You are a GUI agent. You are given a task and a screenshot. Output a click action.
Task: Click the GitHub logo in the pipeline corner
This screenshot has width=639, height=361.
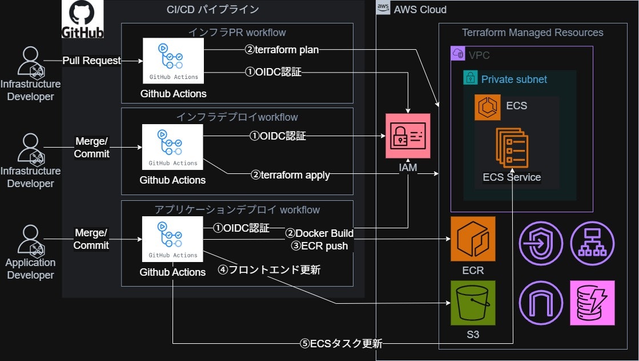83,19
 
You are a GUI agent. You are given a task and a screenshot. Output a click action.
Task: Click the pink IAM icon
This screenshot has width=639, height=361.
408,136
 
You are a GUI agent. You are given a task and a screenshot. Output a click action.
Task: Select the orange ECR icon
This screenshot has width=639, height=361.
473,239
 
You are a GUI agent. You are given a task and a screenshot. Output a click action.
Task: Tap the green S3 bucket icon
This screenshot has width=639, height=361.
473,303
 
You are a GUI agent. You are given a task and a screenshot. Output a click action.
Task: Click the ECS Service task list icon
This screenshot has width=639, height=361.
512,148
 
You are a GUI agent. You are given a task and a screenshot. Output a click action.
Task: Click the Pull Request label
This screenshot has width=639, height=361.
91,60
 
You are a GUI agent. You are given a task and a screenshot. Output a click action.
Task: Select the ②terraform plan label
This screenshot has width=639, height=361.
282,50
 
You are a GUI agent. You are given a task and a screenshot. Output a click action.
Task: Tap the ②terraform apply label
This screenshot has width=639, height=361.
290,175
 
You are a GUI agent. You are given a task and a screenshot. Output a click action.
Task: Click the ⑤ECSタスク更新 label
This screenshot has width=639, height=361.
341,344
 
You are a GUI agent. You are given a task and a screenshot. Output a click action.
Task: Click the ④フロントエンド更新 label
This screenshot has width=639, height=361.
269,269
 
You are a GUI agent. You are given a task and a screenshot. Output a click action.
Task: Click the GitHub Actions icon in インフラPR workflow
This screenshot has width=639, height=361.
173,61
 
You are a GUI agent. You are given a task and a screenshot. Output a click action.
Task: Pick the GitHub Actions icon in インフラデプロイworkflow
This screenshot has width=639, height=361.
173,147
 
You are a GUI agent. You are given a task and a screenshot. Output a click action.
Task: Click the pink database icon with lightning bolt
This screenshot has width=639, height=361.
592,303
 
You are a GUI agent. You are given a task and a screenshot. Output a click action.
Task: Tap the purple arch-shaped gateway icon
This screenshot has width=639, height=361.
540,303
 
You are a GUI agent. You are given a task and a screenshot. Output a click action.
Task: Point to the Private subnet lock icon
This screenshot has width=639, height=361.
470,78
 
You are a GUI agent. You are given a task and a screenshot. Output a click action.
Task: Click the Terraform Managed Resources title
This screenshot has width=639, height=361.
532,33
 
